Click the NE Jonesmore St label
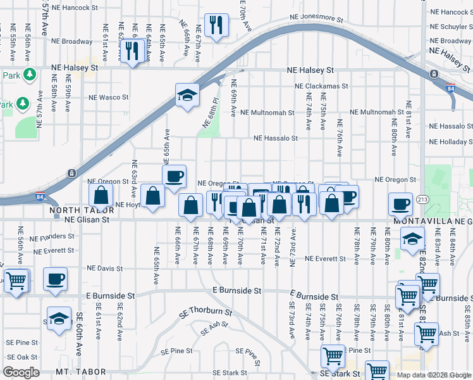309,18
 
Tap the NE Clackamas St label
321,86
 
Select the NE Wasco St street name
109,98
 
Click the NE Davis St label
101,269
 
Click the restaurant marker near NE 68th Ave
216,203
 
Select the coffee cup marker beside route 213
400,203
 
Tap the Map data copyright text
433,375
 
